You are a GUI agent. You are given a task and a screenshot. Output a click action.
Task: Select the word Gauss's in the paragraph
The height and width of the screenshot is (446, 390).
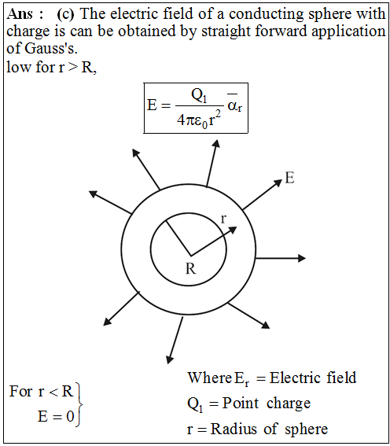[51, 48]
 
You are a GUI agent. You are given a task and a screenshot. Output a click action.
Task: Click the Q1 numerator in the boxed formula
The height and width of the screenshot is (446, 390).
[199, 96]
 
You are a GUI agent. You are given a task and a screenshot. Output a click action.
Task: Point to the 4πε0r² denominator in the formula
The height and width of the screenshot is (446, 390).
[199, 120]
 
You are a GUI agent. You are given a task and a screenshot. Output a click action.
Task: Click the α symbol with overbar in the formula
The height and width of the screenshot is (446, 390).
[235, 105]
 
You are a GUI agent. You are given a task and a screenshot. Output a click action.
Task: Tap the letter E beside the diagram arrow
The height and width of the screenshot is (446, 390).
[289, 178]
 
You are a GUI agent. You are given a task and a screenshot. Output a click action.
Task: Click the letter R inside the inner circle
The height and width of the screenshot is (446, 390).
[191, 268]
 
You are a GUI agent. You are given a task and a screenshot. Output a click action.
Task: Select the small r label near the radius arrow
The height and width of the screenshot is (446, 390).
[224, 219]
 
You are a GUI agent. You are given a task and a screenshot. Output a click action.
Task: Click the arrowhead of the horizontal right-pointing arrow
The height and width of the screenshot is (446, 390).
[302, 258]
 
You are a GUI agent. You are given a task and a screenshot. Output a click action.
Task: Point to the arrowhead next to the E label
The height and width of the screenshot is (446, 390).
[278, 183]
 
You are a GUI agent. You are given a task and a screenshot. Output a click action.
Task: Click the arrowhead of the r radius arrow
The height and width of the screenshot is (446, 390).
[233, 229]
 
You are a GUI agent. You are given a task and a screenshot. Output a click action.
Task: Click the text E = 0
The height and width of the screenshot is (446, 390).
[57, 417]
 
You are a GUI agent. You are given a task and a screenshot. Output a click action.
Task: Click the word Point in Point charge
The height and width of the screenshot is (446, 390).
[241, 403]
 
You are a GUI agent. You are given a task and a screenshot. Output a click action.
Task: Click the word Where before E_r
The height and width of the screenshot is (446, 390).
[210, 378]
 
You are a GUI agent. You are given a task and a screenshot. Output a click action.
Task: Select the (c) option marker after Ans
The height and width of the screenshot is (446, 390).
[65, 14]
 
